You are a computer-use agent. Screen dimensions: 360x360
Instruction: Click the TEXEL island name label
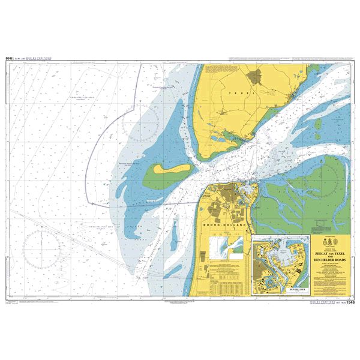pos(245,94)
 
